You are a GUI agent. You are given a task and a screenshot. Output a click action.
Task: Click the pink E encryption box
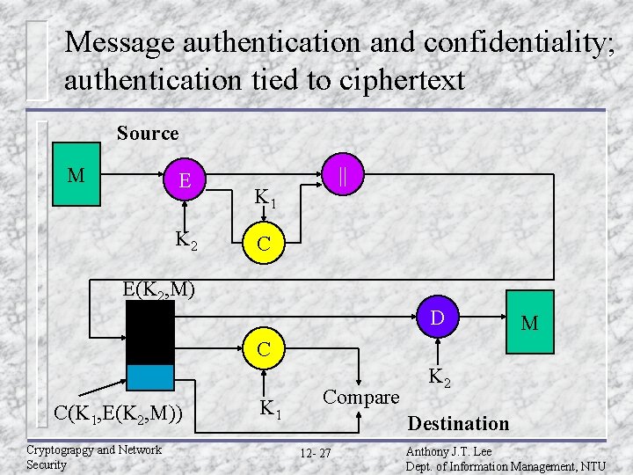coord(185,181)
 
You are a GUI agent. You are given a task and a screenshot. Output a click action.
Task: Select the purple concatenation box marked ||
coord(344,175)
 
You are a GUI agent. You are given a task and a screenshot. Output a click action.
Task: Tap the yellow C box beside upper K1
coord(264,245)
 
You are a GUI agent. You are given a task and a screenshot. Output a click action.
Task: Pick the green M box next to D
coord(530,323)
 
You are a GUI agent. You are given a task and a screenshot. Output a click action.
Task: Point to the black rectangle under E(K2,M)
coord(149,332)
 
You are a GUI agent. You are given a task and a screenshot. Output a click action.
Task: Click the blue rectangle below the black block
coord(149,376)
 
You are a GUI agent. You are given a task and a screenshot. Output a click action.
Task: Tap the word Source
coord(148,134)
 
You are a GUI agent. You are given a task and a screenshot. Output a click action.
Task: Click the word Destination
coord(458,424)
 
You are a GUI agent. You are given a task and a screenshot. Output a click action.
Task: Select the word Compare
coord(360,397)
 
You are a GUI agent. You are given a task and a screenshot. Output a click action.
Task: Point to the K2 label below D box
coord(440,379)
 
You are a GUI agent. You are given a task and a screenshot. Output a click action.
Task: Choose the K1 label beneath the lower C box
coord(270,409)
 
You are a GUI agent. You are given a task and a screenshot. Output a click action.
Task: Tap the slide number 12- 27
coord(315,453)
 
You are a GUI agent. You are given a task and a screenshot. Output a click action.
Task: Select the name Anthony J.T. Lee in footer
coord(448,452)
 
